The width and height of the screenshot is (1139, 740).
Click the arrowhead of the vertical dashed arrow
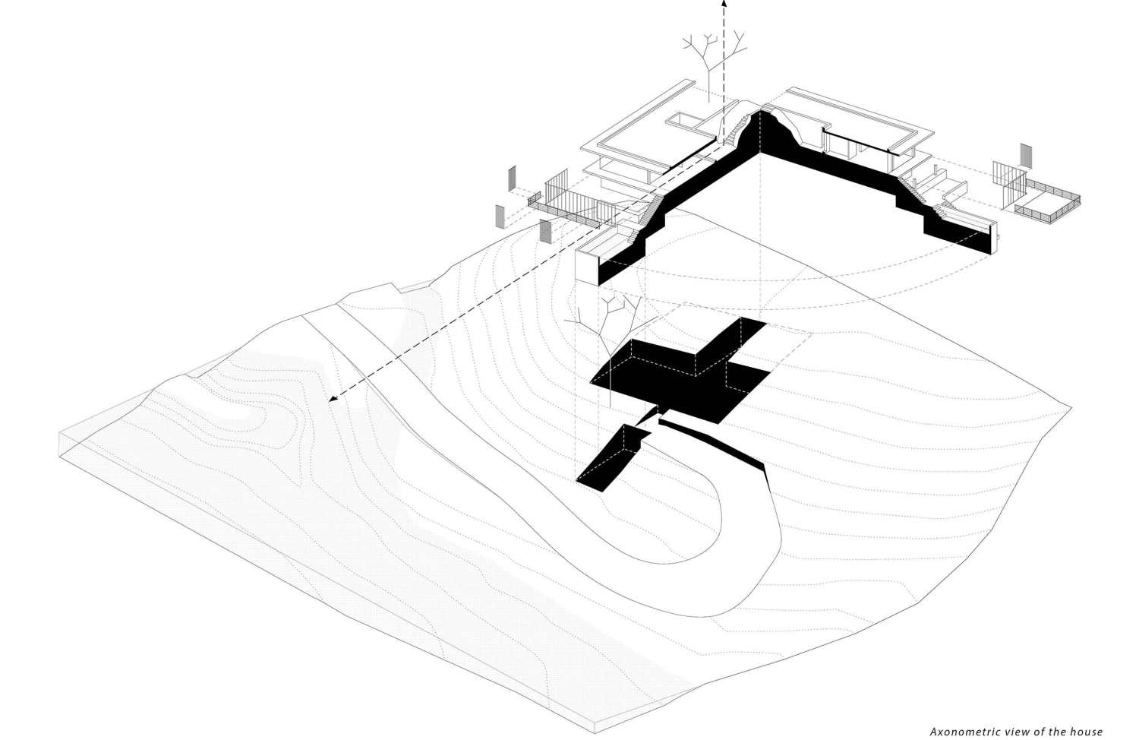pos(724,3)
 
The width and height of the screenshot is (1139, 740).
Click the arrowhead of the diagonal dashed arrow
pos(333,398)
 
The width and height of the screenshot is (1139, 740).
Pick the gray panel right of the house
pos(1026,157)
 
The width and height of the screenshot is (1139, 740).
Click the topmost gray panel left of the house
pos(512,178)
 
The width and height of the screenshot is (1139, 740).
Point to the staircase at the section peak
pos(737,130)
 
